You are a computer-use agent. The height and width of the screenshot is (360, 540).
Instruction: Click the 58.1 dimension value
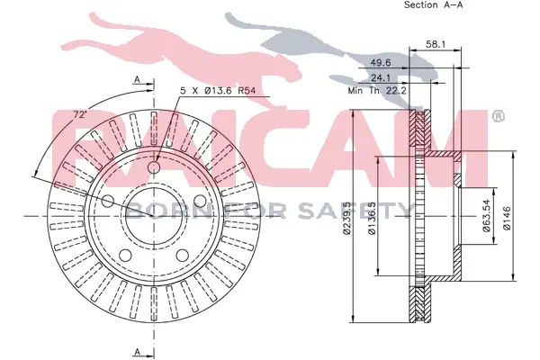(x=436, y=44)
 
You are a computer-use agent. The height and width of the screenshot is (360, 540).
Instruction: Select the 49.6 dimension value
(x=381, y=62)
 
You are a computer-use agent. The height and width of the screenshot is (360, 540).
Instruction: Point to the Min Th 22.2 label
(x=377, y=91)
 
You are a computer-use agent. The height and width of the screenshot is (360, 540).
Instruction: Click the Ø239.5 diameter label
(x=346, y=219)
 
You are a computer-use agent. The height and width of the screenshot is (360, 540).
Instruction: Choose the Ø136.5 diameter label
(x=372, y=219)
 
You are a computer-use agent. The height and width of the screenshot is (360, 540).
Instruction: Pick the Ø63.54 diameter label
(x=487, y=216)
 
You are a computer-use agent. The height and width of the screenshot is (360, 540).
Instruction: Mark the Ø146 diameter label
(x=507, y=218)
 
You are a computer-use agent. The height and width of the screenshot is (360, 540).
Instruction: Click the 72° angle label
(x=80, y=114)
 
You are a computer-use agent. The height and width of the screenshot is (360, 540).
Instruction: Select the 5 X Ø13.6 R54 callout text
(x=218, y=91)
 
